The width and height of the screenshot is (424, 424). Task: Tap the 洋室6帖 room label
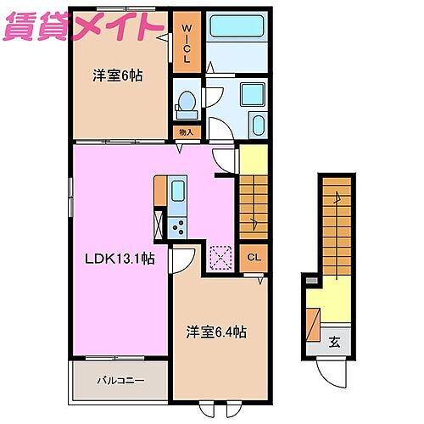(x=117, y=75)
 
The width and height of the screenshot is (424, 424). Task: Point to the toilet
(x=186, y=105)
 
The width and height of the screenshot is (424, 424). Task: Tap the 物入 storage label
(x=187, y=132)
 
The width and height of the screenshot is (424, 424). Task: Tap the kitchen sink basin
(x=178, y=191)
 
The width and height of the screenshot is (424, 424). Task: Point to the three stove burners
(x=178, y=225)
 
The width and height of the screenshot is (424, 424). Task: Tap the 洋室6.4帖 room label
(x=218, y=333)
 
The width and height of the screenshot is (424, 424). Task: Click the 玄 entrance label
(x=334, y=343)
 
